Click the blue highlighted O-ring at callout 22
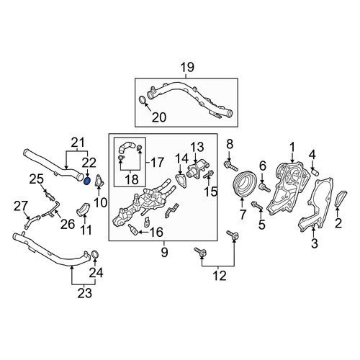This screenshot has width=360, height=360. tap(87, 181)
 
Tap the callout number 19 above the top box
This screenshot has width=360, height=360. tap(187, 68)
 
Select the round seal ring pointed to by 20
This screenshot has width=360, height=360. tap(143, 101)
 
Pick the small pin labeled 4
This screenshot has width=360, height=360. tap(315, 172)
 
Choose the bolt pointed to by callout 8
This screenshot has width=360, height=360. tap(230, 166)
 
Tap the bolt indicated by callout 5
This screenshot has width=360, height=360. tap(257, 207)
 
